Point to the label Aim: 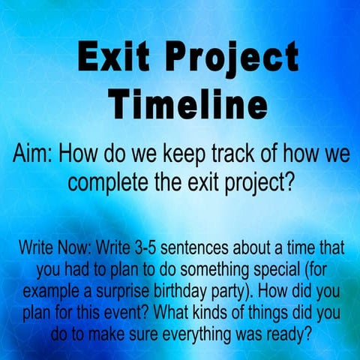click(x=34, y=156)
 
